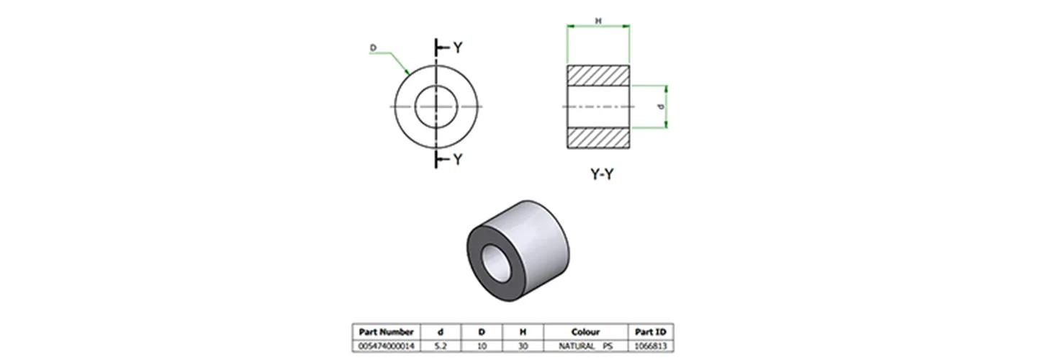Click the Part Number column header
pyautogui.click(x=386, y=332)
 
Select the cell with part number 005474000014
pyautogui.click(x=386, y=346)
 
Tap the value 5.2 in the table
pyautogui.click(x=441, y=346)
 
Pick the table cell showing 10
pyautogui.click(x=482, y=346)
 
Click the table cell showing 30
pyautogui.click(x=523, y=346)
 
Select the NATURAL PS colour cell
pyautogui.click(x=585, y=346)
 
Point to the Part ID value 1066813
pyautogui.click(x=650, y=346)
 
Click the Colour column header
pyautogui.click(x=585, y=332)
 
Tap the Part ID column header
pyautogui.click(x=650, y=332)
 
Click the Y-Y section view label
pyautogui.click(x=602, y=175)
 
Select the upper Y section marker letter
pyautogui.click(x=457, y=48)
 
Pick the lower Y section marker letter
pyautogui.click(x=457, y=160)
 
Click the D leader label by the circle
pyautogui.click(x=373, y=48)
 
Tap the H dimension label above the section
pyautogui.click(x=598, y=21)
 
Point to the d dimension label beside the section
pyautogui.click(x=661, y=107)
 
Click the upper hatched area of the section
pyautogui.click(x=598, y=76)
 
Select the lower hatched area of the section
pyautogui.click(x=598, y=138)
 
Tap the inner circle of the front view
pyautogui.click(x=436, y=107)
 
